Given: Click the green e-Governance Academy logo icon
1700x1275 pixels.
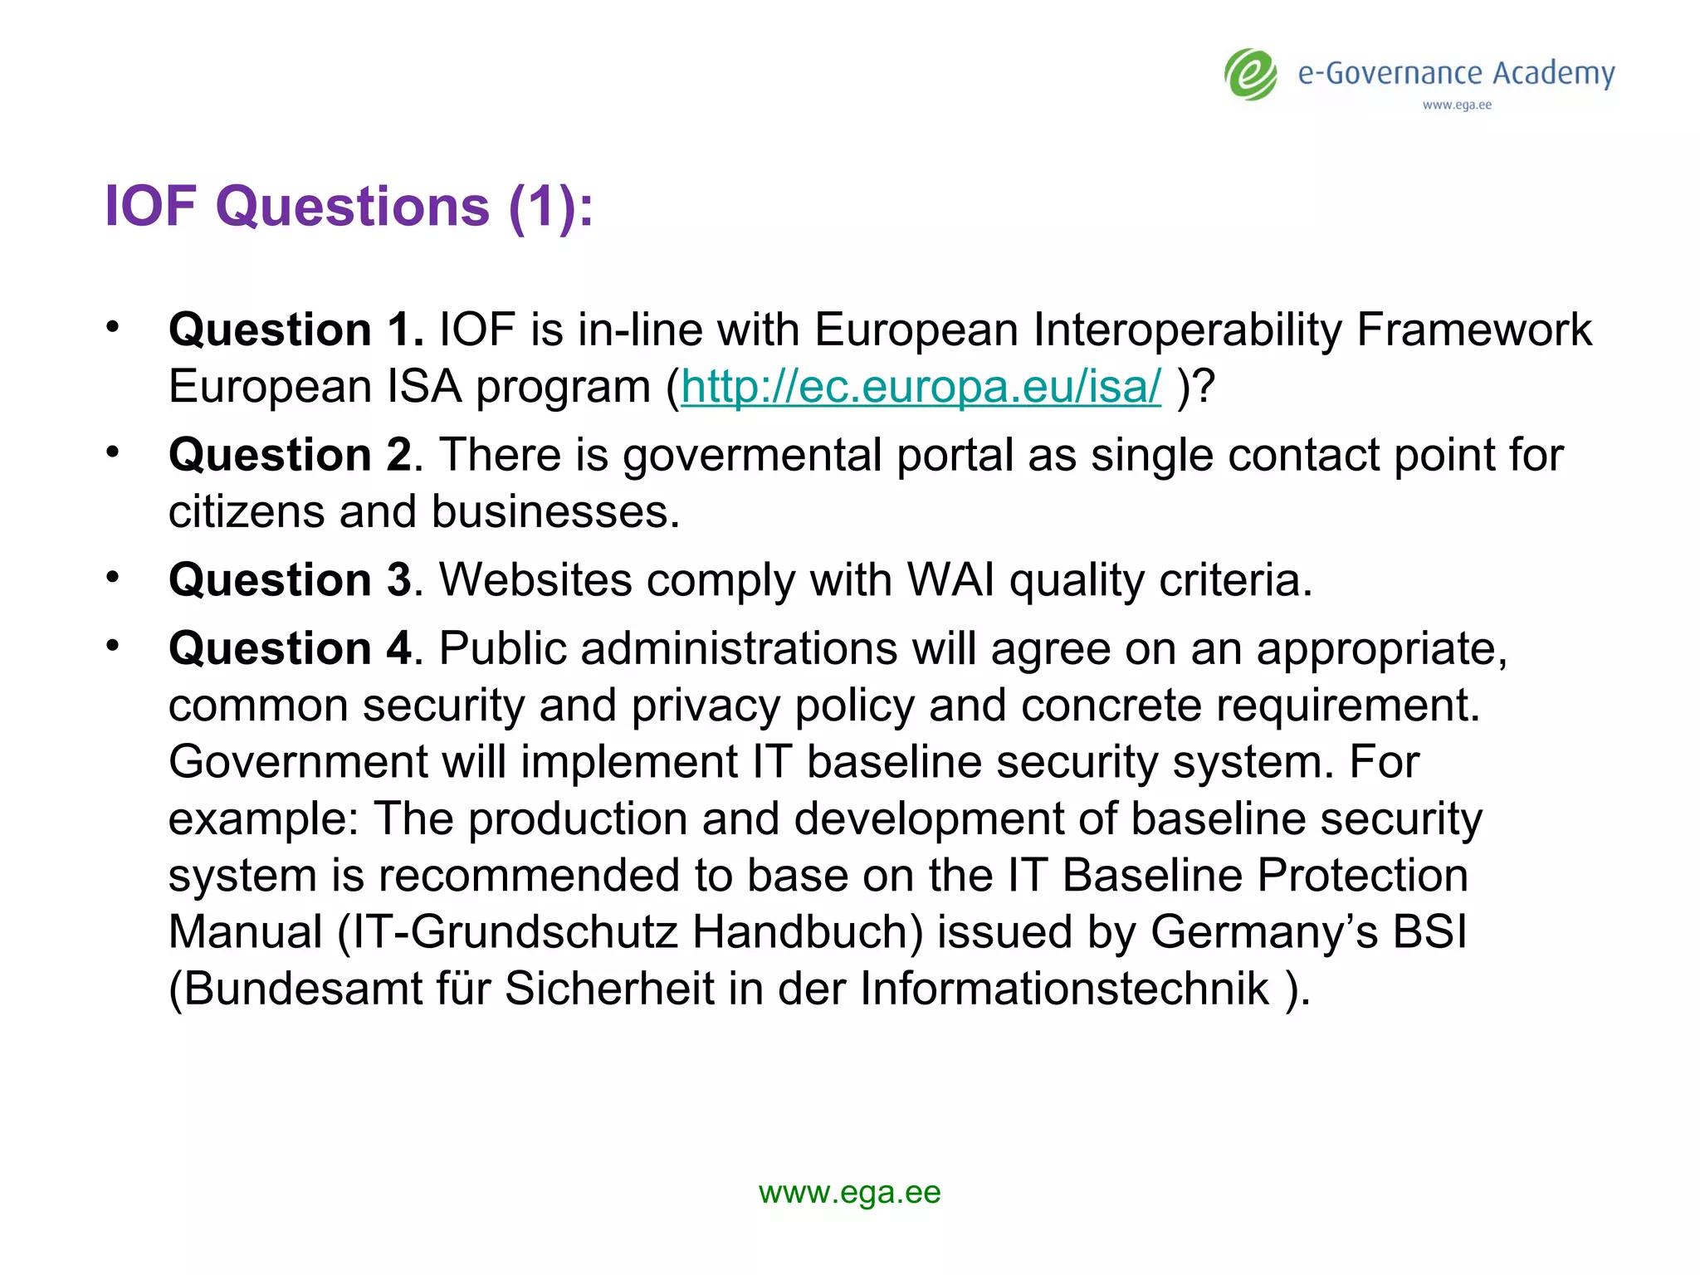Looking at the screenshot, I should pyautogui.click(x=1251, y=75).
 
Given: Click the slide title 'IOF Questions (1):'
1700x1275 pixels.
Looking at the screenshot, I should pyautogui.click(x=349, y=206).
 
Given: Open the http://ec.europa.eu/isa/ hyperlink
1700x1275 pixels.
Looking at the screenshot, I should pyautogui.click(x=921, y=387).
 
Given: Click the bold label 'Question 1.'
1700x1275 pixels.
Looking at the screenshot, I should pyautogui.click(x=296, y=330).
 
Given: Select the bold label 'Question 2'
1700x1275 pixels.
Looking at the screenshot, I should pyautogui.click(x=290, y=455).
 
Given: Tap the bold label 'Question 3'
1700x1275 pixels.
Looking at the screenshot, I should pyautogui.click(x=290, y=579).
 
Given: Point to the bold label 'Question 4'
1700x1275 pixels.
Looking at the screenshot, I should pyautogui.click(x=290, y=648).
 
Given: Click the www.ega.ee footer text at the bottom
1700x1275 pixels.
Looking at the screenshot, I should pyautogui.click(x=849, y=1193).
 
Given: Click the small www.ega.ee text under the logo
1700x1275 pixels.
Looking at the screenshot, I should pyautogui.click(x=1457, y=105).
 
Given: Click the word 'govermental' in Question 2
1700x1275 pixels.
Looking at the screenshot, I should pyautogui.click(x=752, y=455).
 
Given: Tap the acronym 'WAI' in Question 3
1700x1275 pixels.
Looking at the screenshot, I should pyautogui.click(x=950, y=579).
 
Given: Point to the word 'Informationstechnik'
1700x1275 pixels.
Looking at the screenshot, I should pyautogui.click(x=1064, y=989).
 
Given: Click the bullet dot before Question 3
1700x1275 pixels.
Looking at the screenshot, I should pyautogui.click(x=113, y=576).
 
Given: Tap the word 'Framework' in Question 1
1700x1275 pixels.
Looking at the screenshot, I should pyautogui.click(x=1473, y=330).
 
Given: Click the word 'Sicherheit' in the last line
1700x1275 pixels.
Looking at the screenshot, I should pyautogui.click(x=609, y=989).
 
